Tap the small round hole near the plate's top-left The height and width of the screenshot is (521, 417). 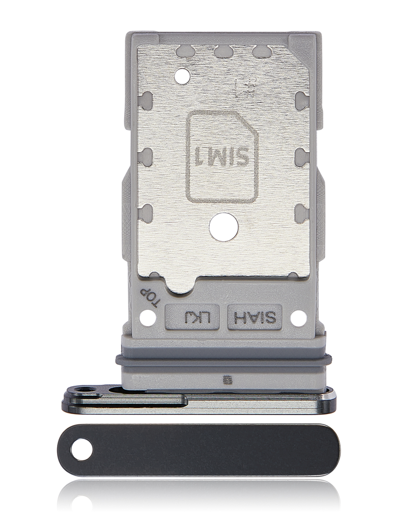pyautogui.click(x=182, y=76)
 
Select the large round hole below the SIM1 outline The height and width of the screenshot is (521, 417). pyautogui.click(x=223, y=226)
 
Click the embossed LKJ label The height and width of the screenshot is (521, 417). pyautogui.click(x=192, y=318)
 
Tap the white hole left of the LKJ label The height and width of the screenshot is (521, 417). pyautogui.click(x=147, y=319)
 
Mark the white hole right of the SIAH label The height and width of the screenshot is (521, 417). pyautogui.click(x=298, y=319)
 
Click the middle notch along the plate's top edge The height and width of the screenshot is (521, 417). pyautogui.click(x=223, y=51)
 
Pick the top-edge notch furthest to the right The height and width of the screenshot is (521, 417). pyautogui.click(x=262, y=51)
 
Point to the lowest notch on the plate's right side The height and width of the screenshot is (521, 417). pyautogui.click(x=301, y=213)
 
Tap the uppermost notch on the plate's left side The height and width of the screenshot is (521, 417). pyautogui.click(x=145, y=101)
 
